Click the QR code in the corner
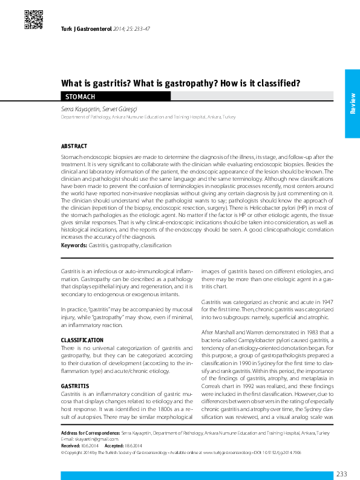(x=34, y=20)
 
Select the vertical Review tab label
(x=352, y=103)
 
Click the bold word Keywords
(x=74, y=245)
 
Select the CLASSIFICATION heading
(x=82, y=340)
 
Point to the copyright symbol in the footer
(x=64, y=435)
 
